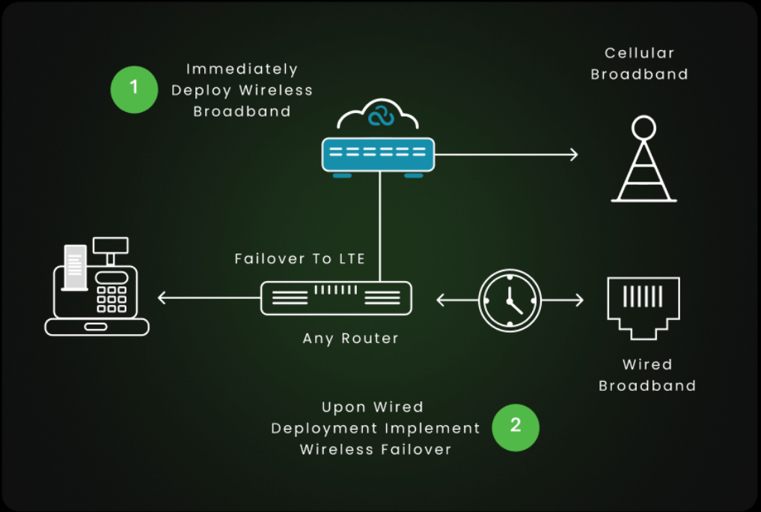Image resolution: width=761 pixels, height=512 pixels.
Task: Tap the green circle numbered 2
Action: point(516,428)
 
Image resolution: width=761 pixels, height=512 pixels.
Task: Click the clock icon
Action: point(509,300)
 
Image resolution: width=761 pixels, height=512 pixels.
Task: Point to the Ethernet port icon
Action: point(643,306)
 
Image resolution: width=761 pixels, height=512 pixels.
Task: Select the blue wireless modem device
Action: point(378,155)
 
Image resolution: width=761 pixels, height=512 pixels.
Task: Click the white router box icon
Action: point(336,297)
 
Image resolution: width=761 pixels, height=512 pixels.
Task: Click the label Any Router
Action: point(351,339)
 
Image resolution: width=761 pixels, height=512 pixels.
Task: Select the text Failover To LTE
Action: point(299,259)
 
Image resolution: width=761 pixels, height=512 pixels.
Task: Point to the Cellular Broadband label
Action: point(639,64)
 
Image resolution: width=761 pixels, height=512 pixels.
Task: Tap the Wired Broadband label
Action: point(647,375)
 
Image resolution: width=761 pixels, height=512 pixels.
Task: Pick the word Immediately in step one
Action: point(242,70)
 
